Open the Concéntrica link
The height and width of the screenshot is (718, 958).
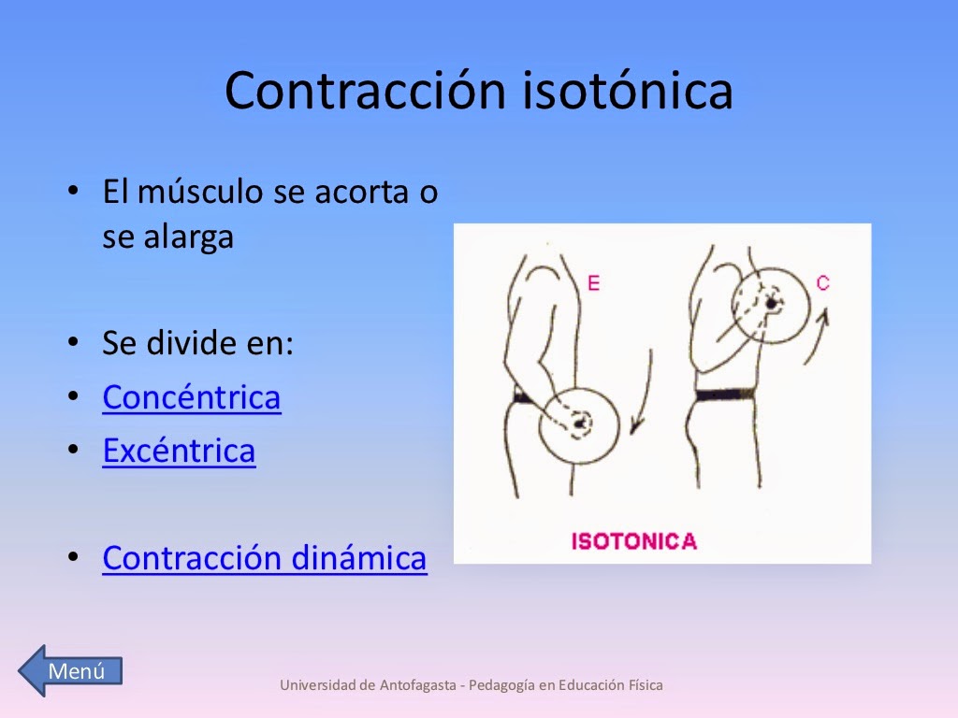click(191, 397)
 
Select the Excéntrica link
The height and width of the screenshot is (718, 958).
click(179, 451)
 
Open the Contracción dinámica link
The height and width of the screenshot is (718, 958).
click(264, 558)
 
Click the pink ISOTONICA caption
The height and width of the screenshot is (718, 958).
click(633, 540)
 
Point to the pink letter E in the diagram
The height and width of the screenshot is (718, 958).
click(593, 282)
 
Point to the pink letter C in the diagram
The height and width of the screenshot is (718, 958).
click(822, 281)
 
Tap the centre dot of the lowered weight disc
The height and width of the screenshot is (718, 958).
click(580, 424)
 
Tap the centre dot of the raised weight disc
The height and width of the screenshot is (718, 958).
click(772, 303)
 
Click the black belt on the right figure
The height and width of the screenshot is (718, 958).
click(725, 394)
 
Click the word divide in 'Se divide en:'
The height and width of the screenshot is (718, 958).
click(185, 343)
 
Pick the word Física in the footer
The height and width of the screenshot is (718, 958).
click(644, 685)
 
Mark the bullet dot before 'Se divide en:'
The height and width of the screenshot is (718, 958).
click(74, 343)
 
